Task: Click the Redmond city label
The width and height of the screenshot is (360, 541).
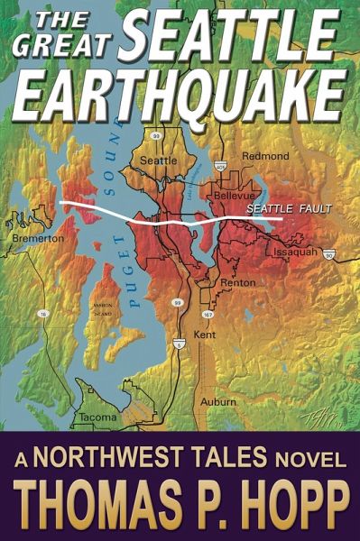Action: pos(265,156)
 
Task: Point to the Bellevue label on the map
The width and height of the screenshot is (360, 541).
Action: pos(234,195)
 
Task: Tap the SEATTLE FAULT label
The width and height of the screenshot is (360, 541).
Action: pos(291,208)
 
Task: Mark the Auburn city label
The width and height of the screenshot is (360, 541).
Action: pos(219,400)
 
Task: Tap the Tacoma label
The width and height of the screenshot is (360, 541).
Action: pos(97,417)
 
